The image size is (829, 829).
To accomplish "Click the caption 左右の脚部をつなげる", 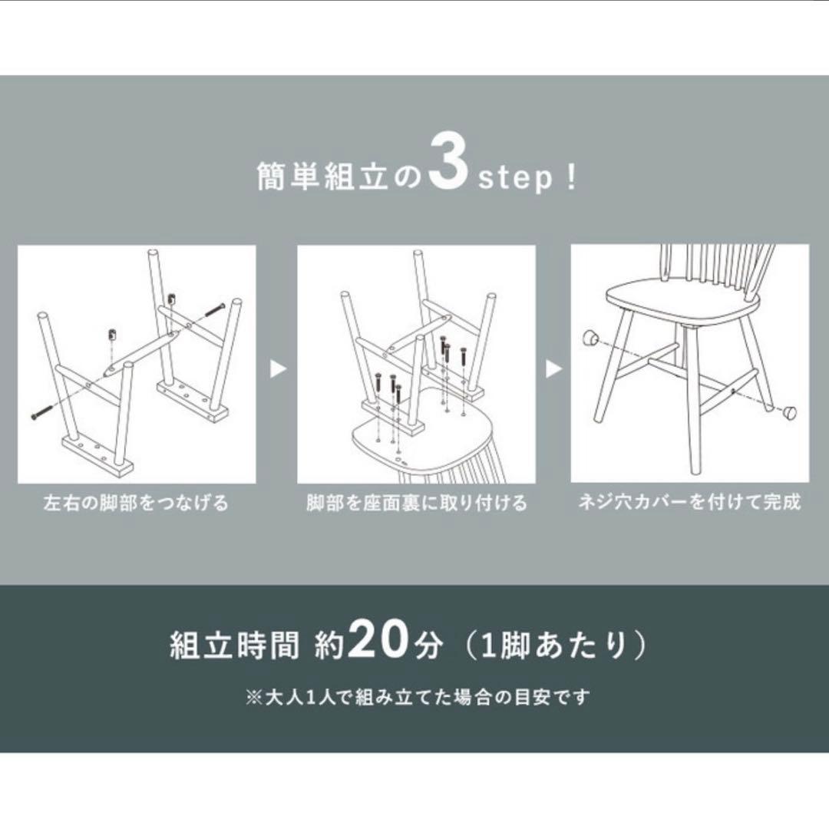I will click(136, 504).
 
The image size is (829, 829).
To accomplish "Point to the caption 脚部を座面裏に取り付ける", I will click(416, 504).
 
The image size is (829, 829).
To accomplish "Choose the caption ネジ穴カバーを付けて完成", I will click(689, 503).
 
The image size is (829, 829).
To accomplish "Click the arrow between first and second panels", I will click(278, 369).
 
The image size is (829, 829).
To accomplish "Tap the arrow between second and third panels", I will click(553, 369).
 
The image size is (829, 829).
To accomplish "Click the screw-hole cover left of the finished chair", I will click(590, 337).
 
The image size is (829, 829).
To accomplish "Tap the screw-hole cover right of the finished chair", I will click(789, 412).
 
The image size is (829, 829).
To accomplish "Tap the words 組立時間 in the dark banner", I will click(233, 646).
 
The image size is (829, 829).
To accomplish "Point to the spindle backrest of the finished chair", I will click(718, 265).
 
